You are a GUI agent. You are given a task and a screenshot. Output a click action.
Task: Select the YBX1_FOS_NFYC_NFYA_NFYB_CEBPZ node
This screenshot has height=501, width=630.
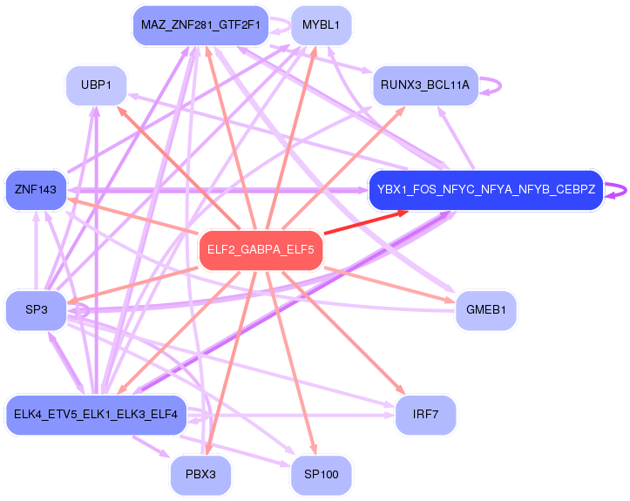pos(486,190)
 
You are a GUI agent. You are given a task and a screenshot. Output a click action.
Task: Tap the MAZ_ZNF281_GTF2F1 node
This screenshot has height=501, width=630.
pos(200,25)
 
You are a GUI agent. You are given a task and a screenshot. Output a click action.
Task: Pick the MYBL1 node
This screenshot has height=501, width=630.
pos(321,25)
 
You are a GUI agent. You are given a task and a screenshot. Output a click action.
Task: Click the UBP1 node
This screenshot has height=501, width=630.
pos(96,85)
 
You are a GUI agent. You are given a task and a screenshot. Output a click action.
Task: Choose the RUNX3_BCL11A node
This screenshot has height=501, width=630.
pos(425,85)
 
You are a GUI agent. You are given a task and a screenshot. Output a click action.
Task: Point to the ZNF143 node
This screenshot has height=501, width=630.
pos(36,190)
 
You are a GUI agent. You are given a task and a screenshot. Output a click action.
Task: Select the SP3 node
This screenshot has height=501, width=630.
pos(36,310)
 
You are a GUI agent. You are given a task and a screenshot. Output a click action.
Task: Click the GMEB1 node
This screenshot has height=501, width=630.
pos(486,310)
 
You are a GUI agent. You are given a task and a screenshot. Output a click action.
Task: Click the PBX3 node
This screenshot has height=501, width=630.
pos(200,475)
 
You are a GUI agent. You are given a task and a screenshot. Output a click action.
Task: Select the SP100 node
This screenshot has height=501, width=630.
pos(321,475)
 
